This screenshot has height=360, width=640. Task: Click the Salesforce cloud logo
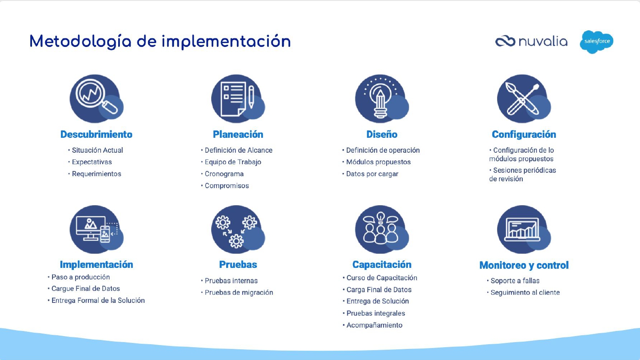[x=596, y=42]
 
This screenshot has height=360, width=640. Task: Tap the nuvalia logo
[x=531, y=41]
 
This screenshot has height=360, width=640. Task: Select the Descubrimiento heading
[x=96, y=134]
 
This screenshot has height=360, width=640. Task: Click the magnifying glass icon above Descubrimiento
[x=96, y=99]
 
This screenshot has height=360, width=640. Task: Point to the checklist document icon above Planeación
[x=238, y=99]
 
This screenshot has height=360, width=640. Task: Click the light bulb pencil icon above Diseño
[x=382, y=99]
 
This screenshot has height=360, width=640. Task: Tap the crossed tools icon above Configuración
[x=524, y=99]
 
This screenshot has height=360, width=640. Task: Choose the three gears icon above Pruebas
[x=238, y=229]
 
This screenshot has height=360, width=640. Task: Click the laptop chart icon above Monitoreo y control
[x=524, y=229]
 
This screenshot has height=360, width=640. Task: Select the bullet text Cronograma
[x=224, y=174]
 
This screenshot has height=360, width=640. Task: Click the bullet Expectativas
[x=92, y=162]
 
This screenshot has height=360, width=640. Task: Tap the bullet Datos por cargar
[x=372, y=174]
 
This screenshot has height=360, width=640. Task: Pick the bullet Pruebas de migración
[x=239, y=293]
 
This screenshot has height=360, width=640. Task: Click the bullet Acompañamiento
[x=374, y=325]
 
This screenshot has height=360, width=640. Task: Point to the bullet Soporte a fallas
[x=515, y=281]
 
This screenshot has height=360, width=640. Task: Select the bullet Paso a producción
[x=81, y=277]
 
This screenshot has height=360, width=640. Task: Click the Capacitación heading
[x=382, y=264]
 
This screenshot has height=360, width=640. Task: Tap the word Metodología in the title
[x=80, y=42]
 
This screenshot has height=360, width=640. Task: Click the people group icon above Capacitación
[x=382, y=229]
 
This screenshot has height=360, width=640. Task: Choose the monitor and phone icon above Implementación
[x=96, y=229]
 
